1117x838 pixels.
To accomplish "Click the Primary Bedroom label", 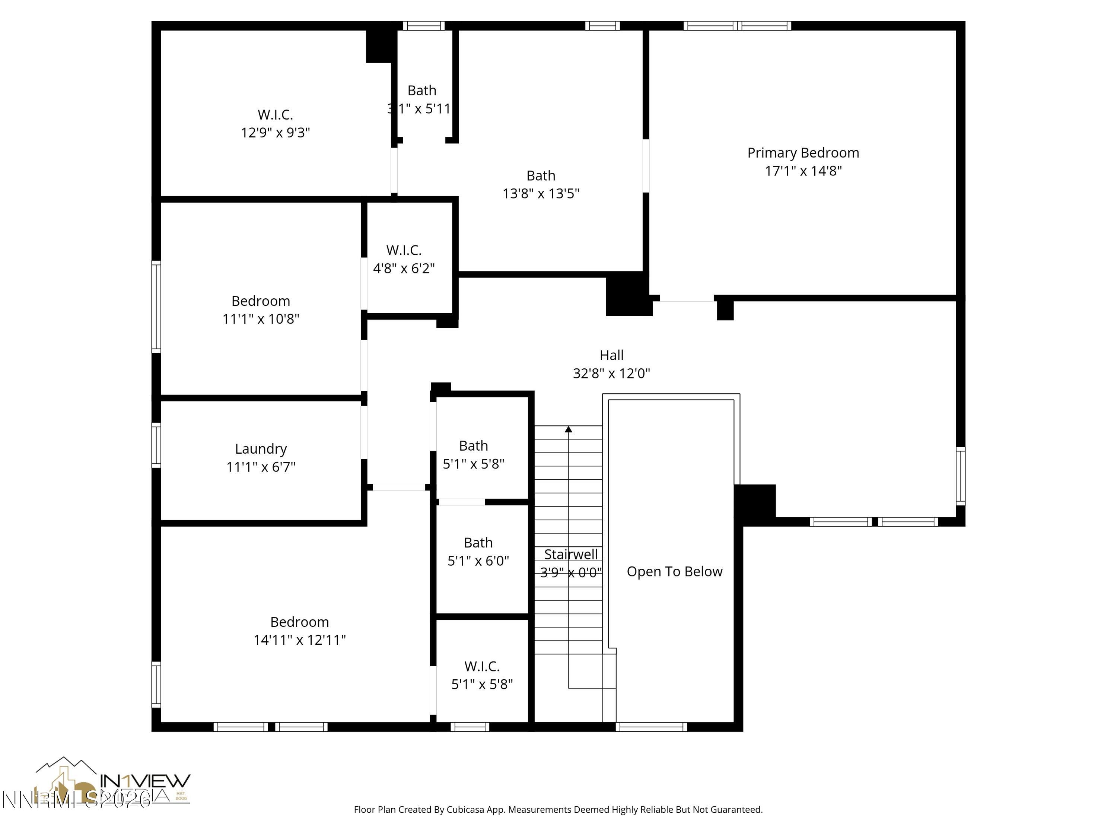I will pos(803,153).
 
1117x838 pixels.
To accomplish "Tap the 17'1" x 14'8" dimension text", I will pos(803,171).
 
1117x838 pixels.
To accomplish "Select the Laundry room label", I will pos(261,448).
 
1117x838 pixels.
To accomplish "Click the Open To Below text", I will pos(674,571).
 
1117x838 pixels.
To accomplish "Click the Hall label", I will pos(611,355).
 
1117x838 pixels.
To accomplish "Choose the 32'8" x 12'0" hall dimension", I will pos(611,373).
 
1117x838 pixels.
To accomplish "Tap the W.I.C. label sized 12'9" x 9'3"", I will pos(275,115).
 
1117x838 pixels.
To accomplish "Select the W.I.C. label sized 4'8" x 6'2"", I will pos(404,250).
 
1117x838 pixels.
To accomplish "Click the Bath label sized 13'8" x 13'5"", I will pos(541,176).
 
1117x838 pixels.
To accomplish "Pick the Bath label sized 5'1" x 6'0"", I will pos(478,543).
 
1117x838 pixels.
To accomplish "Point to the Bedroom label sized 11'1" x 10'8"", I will pos(261,301).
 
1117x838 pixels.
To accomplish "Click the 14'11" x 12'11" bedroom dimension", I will pos(299,640).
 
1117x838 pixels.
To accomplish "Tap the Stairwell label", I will pos(571,554).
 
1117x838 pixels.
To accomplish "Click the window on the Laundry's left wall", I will pos(156,445).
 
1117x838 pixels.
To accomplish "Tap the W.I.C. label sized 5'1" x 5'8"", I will pos(482,666).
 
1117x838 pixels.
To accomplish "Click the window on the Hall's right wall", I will pos(961,476).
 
